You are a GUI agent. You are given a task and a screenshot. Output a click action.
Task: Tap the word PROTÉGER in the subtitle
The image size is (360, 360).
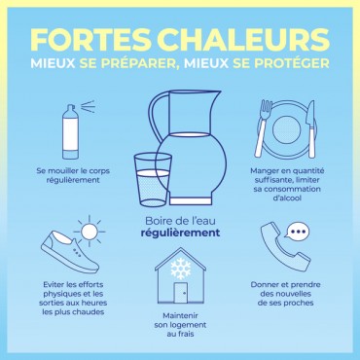(x=292, y=63)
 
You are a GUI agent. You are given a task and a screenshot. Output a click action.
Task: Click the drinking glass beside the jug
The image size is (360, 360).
(x=153, y=179)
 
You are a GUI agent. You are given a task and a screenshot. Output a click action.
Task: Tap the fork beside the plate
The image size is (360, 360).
(x=264, y=128)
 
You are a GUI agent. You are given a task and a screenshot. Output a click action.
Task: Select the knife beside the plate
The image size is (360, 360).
(x=310, y=128)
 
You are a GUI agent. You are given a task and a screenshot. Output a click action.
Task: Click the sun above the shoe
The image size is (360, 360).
(x=90, y=232)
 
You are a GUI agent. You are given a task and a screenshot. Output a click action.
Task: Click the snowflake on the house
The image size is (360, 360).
(x=181, y=269)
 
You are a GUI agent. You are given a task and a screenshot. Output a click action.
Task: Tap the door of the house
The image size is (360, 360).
(x=181, y=293)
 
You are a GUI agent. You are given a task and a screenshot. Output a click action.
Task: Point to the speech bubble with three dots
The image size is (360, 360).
(x=297, y=231)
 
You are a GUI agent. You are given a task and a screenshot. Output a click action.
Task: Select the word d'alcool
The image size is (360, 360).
(x=287, y=198)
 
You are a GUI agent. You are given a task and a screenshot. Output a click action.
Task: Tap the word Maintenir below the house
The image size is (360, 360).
(x=180, y=315)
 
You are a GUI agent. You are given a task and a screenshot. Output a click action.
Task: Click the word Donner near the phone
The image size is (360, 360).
(x=264, y=285)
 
